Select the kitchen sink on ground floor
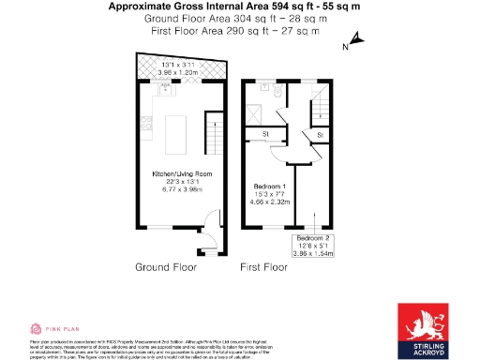[x=165, y=91]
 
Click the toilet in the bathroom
[x=277, y=91]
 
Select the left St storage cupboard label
[x=265, y=135]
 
